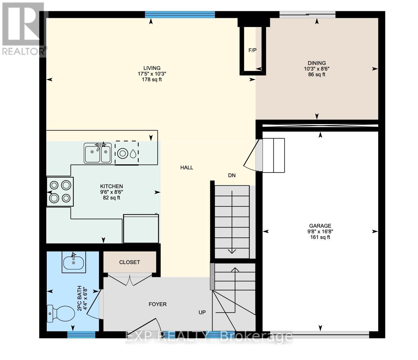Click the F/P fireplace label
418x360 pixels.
coord(252,50)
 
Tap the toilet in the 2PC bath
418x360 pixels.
coord(61,314)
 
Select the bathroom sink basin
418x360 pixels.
coord(74,262)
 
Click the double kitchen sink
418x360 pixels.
coord(98,153)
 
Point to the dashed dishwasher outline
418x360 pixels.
coord(127,153)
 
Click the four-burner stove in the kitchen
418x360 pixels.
coord(60,192)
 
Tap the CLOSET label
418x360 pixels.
coord(129,262)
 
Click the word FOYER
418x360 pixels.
coord(158,304)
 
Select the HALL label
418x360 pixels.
coord(187,167)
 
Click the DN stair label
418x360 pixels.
coord(232,175)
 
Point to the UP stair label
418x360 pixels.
coord(202,312)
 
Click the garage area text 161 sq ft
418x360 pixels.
coord(320,237)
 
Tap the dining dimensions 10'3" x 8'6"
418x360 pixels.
coord(317,69)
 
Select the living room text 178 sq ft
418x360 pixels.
coord(152,79)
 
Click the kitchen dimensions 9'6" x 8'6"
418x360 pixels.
coord(111,192)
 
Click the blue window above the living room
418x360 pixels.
coord(180,14)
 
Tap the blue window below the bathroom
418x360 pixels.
coord(81,335)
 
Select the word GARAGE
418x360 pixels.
coord(320,225)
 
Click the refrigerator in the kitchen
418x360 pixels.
coord(141,228)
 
